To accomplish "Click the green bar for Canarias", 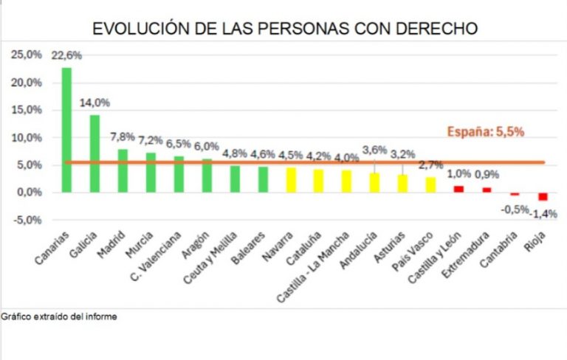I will (66, 130).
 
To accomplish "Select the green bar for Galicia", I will (94, 153).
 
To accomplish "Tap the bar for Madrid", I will (123, 170).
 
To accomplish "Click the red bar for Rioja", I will (543, 196).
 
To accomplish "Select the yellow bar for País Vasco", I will (430, 184).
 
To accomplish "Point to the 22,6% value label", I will (66, 55).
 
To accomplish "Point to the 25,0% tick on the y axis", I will (26, 55).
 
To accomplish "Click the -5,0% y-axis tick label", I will (26, 220).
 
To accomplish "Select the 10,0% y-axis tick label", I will (26, 137).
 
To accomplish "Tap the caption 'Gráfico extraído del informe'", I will (59, 316).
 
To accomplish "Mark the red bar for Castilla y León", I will (458, 189).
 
